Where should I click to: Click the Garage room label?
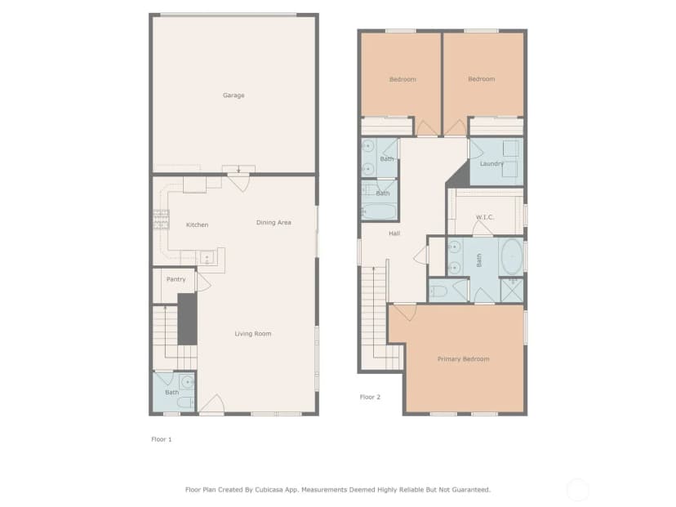coord(233,96)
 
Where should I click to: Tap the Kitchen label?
coord(197,225)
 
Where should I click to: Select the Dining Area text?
coord(274,222)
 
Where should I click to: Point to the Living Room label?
coord(252,334)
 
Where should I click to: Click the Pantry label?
coord(176,279)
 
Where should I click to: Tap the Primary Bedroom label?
coord(463,359)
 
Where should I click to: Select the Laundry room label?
coord(491,164)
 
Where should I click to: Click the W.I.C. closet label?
coord(485,217)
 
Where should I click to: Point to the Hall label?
coord(394,233)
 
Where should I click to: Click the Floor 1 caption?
coord(161,439)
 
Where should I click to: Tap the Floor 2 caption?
coord(370,397)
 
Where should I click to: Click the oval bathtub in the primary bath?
coord(512,256)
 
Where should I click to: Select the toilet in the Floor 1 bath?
coord(186,403)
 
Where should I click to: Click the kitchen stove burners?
coord(161,219)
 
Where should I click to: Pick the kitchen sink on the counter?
coord(207,257)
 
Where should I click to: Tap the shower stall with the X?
coord(512,291)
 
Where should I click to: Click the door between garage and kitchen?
coord(238,182)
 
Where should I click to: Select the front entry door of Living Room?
coord(212,405)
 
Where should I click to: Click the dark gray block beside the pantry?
coord(188,319)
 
